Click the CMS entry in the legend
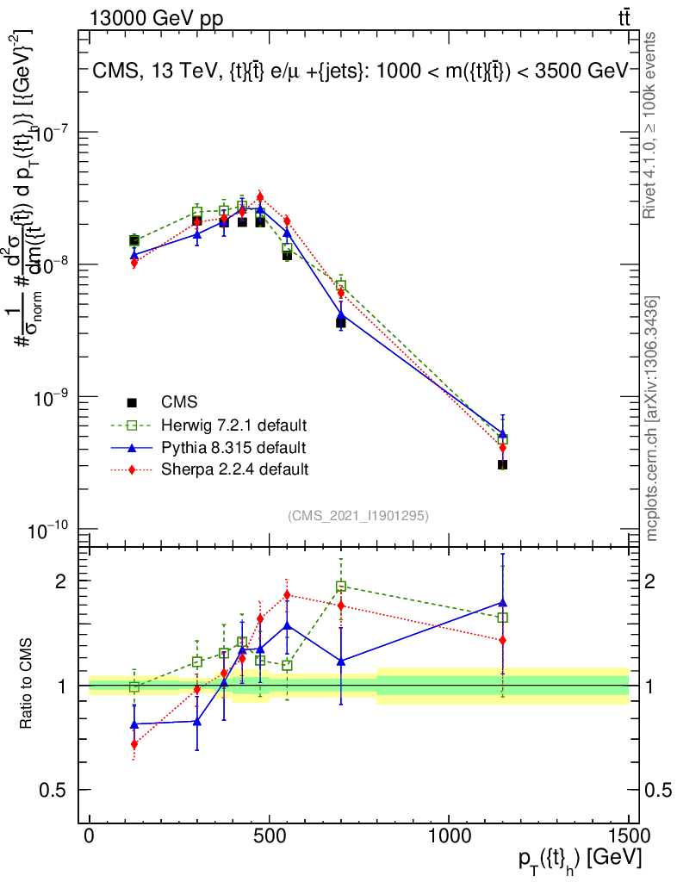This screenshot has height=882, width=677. pyautogui.click(x=179, y=402)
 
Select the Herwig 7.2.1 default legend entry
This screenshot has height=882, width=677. pyautogui.click(x=233, y=425)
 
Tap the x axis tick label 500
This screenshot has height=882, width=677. pyautogui.click(x=269, y=835)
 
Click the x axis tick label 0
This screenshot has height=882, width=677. pyautogui.click(x=90, y=835)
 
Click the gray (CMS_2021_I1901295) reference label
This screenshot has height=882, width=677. pyautogui.click(x=358, y=515)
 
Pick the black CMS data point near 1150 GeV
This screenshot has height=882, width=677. pyautogui.click(x=502, y=465)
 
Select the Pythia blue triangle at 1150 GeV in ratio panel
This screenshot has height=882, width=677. pyautogui.click(x=502, y=602)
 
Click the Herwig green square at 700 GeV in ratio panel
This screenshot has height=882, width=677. pyautogui.click(x=341, y=587)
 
